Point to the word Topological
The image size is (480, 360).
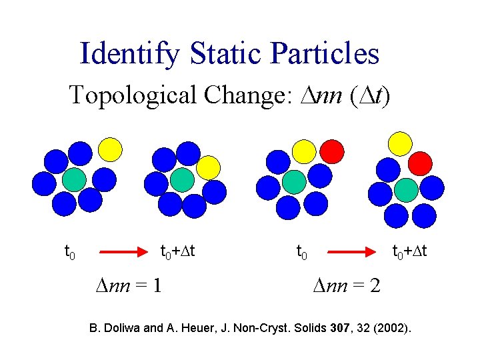(133, 95)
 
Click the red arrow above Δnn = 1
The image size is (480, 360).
(124, 252)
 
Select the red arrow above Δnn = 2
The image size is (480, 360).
(351, 252)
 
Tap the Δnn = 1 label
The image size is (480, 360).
(128, 286)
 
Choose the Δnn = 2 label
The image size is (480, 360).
(347, 286)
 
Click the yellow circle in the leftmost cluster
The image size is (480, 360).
(111, 149)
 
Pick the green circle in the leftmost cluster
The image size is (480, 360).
(74, 179)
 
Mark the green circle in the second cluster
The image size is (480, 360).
(182, 179)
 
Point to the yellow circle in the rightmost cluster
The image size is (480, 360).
(400, 143)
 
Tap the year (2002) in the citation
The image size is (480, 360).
(393, 329)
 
